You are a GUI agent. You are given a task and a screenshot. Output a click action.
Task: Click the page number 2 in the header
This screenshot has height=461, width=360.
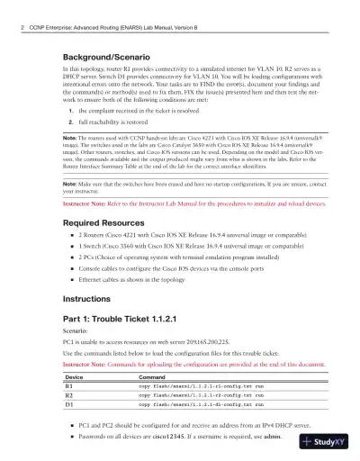21,30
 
